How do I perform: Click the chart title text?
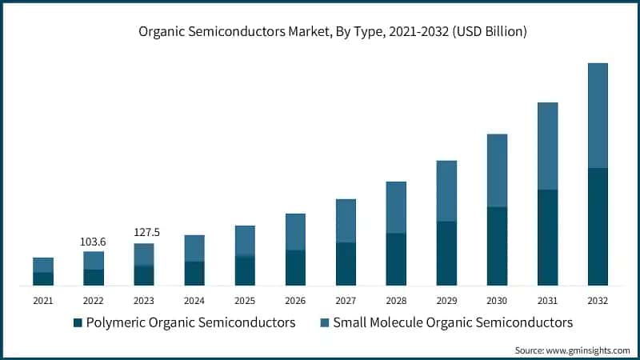320,32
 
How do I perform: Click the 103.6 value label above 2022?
94,242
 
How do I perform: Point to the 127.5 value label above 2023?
146,233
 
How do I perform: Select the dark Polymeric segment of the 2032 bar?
598,226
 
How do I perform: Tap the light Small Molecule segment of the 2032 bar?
598,115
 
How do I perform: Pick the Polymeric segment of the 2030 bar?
497,246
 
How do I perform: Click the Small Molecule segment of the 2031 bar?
547,146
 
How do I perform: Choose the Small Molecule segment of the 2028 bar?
396,207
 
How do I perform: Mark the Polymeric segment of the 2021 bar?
43,278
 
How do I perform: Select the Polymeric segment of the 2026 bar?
295,267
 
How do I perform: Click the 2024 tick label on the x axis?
194,301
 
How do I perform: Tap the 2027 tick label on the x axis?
346,301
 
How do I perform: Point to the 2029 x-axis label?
446,301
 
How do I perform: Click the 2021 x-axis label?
43,301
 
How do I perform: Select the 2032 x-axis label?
598,301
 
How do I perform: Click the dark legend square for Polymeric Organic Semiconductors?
78,323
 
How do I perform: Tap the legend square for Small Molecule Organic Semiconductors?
324,323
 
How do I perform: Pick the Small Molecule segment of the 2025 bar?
245,241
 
